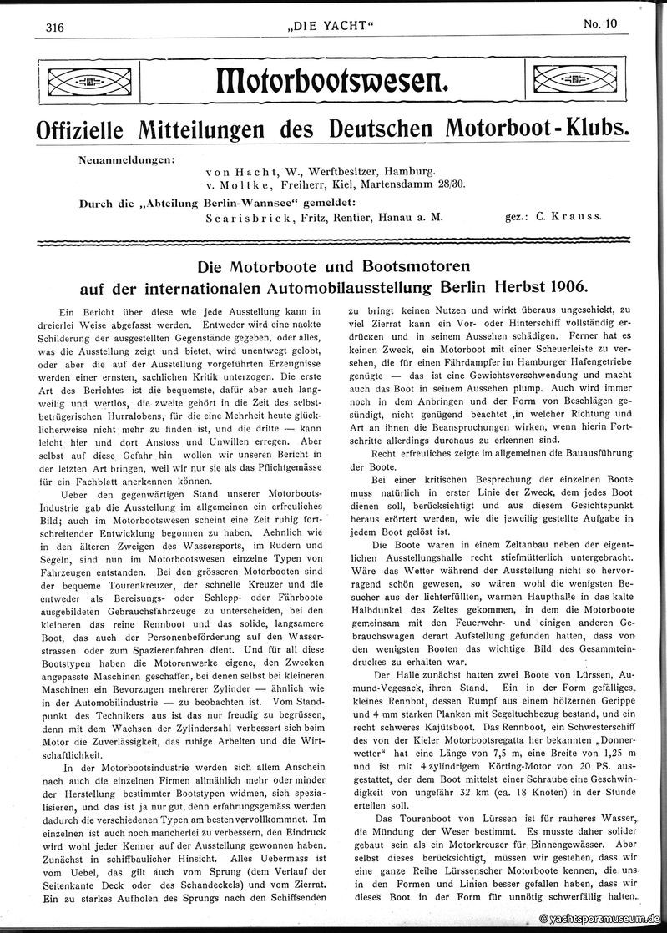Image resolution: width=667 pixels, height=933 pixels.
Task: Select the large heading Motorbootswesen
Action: pos(332,82)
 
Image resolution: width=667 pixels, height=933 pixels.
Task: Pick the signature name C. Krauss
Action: pos(565,217)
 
